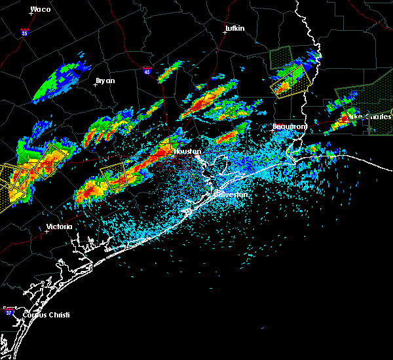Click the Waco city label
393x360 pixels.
tap(41, 9)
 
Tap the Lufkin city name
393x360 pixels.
tap(234, 29)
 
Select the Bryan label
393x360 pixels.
tap(105, 81)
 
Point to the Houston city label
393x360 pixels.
tap(184, 151)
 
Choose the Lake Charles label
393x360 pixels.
tap(371, 117)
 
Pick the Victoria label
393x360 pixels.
tap(59, 227)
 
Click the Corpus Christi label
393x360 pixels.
tap(45, 315)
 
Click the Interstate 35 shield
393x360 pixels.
tap(24, 31)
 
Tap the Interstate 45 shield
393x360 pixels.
tap(147, 71)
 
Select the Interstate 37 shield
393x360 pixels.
tap(9, 310)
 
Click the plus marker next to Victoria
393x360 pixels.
tap(47, 231)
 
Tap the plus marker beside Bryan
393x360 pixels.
tap(96, 84)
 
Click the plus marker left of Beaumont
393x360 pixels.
tap(272, 130)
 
